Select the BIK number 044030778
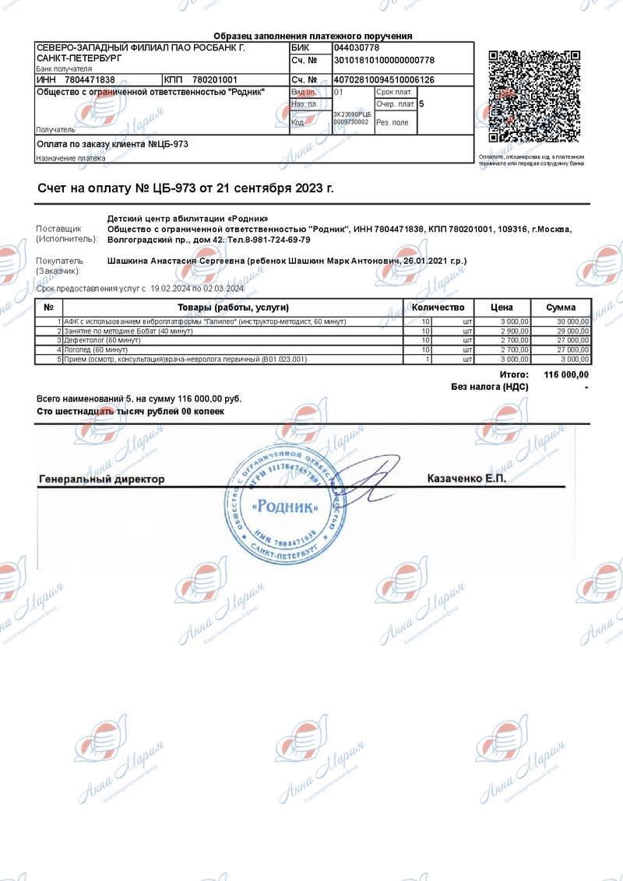(356, 47)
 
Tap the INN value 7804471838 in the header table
(90, 80)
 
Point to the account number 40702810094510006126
(384, 80)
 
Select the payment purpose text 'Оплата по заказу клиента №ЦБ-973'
(113, 144)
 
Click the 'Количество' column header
(437, 307)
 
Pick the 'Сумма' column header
(561, 307)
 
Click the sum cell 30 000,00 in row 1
(571, 321)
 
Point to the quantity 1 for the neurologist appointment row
(428, 359)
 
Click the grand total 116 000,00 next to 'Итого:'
(565, 375)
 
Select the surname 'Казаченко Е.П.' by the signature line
(466, 479)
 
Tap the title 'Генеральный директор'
(101, 479)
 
